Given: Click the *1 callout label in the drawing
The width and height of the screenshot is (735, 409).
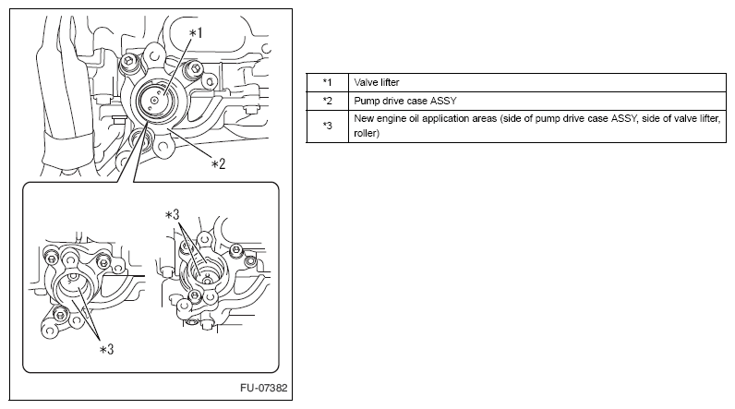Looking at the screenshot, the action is (196, 33).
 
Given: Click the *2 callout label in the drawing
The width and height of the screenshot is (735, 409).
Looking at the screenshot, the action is (218, 164).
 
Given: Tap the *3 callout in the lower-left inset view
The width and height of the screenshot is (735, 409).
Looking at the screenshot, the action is (106, 349).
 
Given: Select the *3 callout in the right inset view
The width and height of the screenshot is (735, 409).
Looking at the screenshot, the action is (172, 214).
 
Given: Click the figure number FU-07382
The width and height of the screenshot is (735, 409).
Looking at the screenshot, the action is (264, 388).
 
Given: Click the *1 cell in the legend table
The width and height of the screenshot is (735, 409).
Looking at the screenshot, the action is (327, 82).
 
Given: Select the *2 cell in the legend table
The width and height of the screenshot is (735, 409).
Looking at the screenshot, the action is (327, 101).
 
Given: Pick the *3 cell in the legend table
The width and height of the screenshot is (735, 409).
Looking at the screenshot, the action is (327, 126).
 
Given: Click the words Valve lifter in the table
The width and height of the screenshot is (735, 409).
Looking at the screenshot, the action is (377, 82).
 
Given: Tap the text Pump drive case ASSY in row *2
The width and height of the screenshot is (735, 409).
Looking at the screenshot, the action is (405, 101).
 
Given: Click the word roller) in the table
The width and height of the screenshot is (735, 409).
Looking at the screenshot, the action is (367, 133).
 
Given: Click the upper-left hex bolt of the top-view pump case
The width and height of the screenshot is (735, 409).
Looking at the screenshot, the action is (127, 61).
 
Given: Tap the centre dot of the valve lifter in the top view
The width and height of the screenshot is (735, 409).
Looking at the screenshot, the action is (154, 100).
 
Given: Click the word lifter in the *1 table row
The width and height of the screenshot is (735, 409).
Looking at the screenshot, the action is (388, 82).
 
